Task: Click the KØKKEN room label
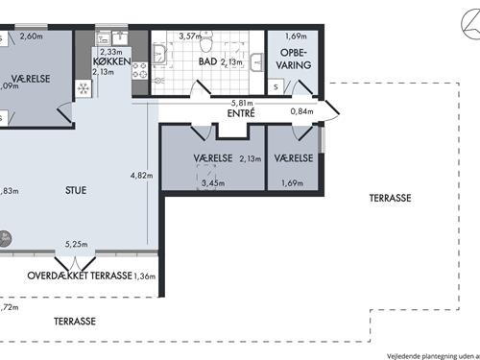tap(112, 60)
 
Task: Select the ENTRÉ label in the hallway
tap(240, 113)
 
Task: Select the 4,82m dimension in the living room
tap(140, 176)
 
